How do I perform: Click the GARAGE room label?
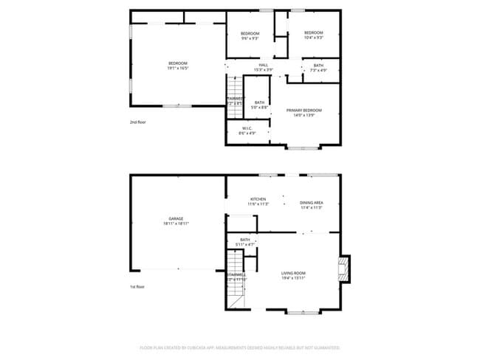coord(176,218)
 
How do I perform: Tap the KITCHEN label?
coord(258,199)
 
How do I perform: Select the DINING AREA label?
coord(312,203)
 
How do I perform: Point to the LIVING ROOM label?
coord(293,274)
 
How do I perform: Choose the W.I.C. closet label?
coord(247,128)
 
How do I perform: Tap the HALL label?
coord(264,65)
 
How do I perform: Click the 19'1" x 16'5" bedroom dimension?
coord(178,68)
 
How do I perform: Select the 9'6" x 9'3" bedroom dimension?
coord(250,38)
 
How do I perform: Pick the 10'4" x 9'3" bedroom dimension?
coord(313,38)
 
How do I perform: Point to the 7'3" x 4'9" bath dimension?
coord(318,70)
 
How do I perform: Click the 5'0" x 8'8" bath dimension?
coord(259,108)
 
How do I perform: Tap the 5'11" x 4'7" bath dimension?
coord(244,244)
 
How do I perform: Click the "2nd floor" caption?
coord(137,122)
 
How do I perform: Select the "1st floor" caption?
coord(137,287)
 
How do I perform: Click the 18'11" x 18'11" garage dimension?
coord(176,224)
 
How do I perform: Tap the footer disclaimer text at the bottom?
coord(240,347)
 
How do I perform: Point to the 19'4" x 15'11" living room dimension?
coord(293,279)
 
